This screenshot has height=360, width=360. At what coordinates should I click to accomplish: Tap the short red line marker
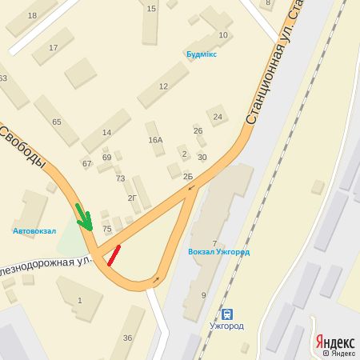[x=114, y=254]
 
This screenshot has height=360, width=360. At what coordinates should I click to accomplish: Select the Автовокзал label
[x=34, y=230]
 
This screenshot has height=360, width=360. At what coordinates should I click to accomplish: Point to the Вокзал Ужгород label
[x=218, y=252]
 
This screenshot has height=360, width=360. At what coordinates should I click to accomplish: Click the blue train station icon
[x=228, y=313]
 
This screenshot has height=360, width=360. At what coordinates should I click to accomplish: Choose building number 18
[x=32, y=15]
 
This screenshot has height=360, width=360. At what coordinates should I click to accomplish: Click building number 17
[x=54, y=48]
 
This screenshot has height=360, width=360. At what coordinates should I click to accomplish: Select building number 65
[x=56, y=122]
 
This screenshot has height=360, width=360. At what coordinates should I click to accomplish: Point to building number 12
[x=163, y=86]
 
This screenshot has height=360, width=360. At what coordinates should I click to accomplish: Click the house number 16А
[x=155, y=140]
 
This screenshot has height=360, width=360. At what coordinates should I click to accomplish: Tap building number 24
[x=217, y=117]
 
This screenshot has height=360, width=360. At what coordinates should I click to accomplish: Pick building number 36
[x=127, y=337]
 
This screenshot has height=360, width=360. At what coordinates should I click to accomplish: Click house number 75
[x=107, y=229]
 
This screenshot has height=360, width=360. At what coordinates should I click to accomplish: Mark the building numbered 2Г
[x=133, y=197]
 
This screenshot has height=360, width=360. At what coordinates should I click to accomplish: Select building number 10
[x=223, y=34]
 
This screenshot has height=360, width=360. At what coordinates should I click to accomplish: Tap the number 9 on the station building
[x=203, y=295]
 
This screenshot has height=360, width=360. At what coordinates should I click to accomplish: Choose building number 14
[x=106, y=132]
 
